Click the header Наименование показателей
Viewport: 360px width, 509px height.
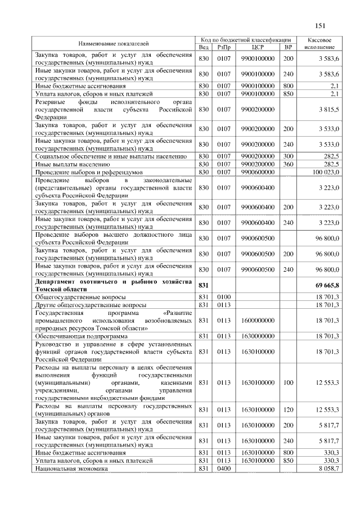[x=114, y=43]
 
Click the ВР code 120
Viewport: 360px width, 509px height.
[x=288, y=412]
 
